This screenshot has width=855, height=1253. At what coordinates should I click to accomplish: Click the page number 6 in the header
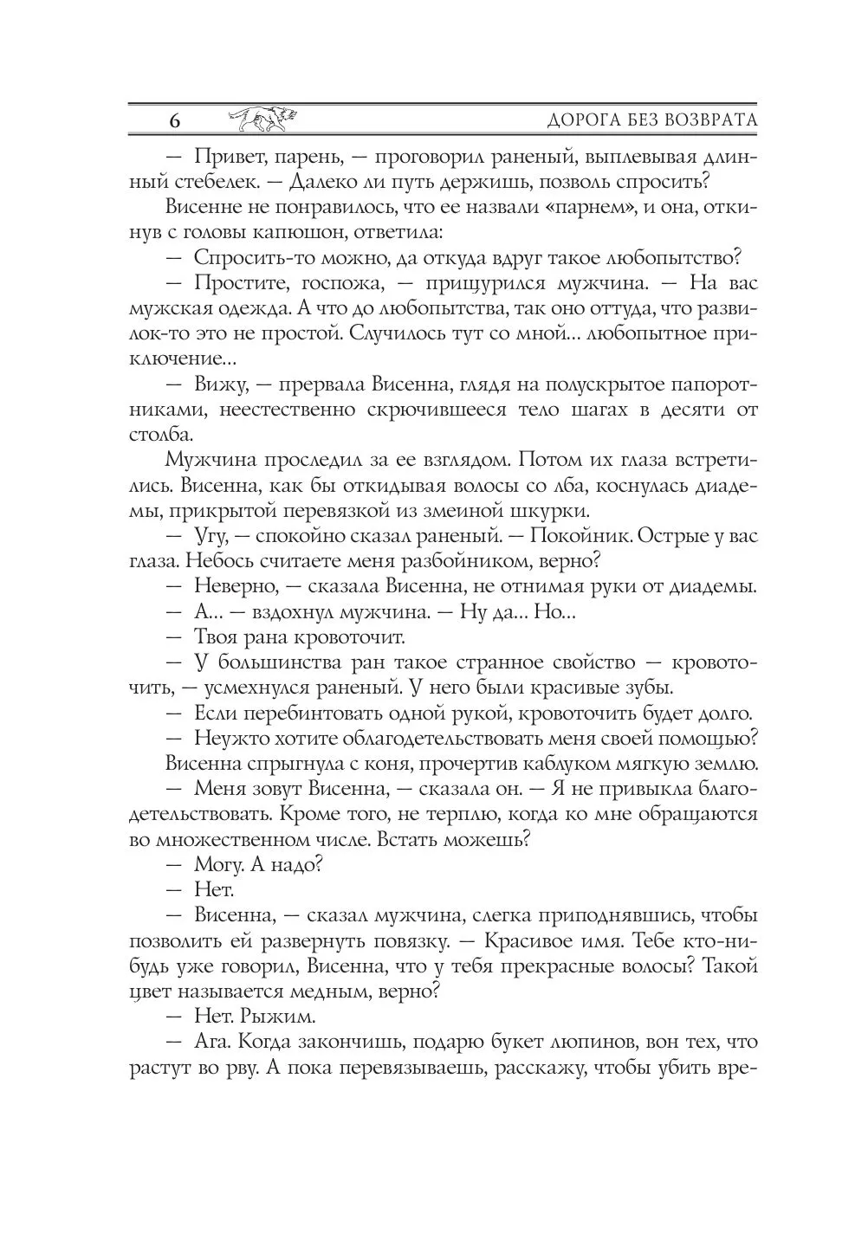(174, 120)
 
